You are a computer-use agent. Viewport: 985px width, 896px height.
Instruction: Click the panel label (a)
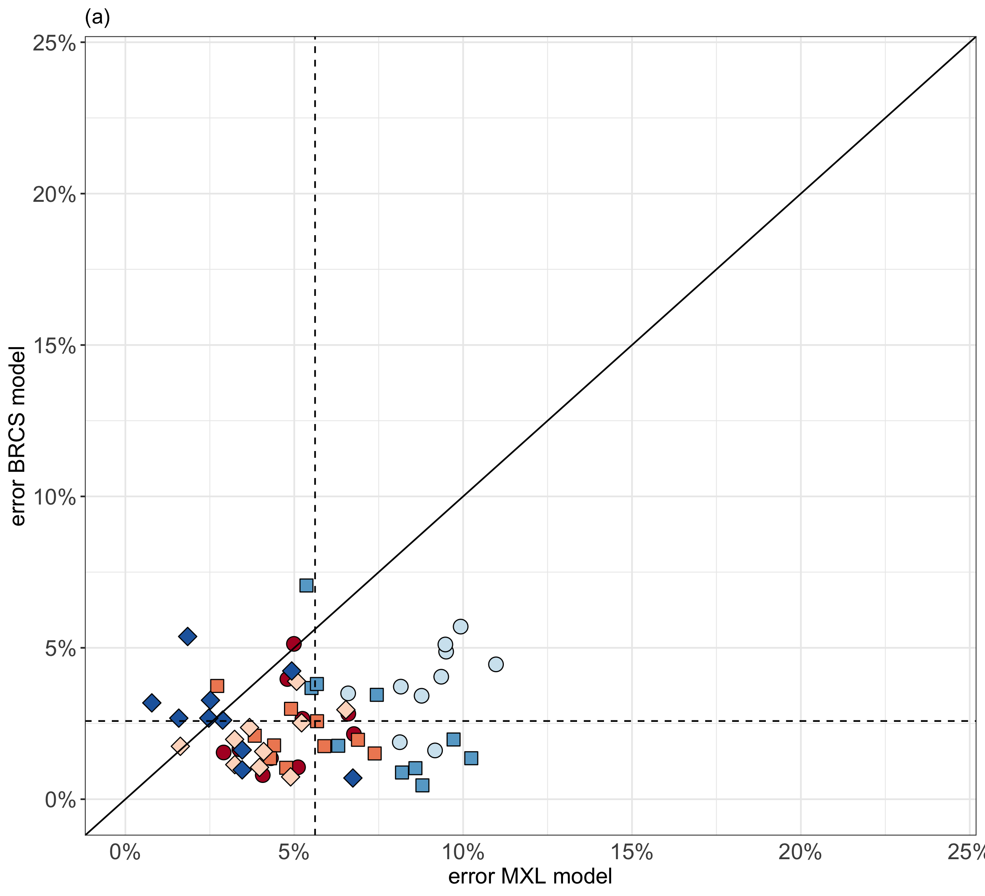click(x=97, y=18)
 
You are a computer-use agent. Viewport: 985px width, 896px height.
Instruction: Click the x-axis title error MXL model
click(x=530, y=876)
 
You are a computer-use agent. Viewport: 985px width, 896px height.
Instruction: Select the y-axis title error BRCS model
click(x=18, y=436)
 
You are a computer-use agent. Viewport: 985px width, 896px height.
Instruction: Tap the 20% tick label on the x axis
click(x=800, y=852)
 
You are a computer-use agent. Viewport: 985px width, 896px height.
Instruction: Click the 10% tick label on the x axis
click(x=462, y=852)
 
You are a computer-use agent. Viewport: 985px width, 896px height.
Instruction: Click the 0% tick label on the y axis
click(x=61, y=800)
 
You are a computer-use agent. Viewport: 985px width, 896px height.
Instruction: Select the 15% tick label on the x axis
click(x=631, y=852)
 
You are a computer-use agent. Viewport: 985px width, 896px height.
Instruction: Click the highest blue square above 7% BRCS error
click(x=306, y=585)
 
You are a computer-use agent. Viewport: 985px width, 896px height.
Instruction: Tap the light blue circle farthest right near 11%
click(x=496, y=664)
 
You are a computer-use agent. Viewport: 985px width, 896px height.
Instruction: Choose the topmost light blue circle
click(x=460, y=626)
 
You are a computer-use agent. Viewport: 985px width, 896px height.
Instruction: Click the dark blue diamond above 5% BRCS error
click(x=188, y=637)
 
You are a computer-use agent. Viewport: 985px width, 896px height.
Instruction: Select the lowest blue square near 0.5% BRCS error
click(x=422, y=785)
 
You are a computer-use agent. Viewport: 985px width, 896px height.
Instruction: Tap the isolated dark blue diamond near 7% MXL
click(x=353, y=778)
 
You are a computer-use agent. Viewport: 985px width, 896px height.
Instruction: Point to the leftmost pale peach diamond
click(x=180, y=746)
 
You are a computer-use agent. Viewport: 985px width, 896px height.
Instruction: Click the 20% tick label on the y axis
click(x=54, y=195)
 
